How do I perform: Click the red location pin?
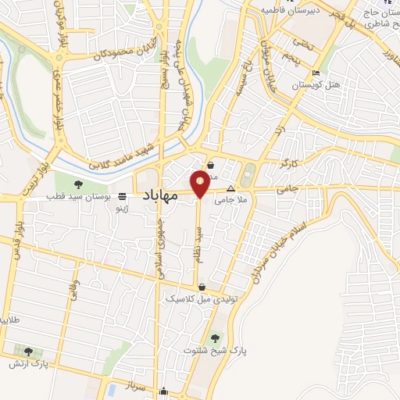200,184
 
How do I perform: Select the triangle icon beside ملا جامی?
230,188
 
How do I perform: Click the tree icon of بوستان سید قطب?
78,184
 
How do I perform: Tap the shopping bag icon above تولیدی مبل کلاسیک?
202,287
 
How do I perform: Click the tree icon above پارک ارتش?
29,352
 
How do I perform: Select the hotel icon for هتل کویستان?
316,74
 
